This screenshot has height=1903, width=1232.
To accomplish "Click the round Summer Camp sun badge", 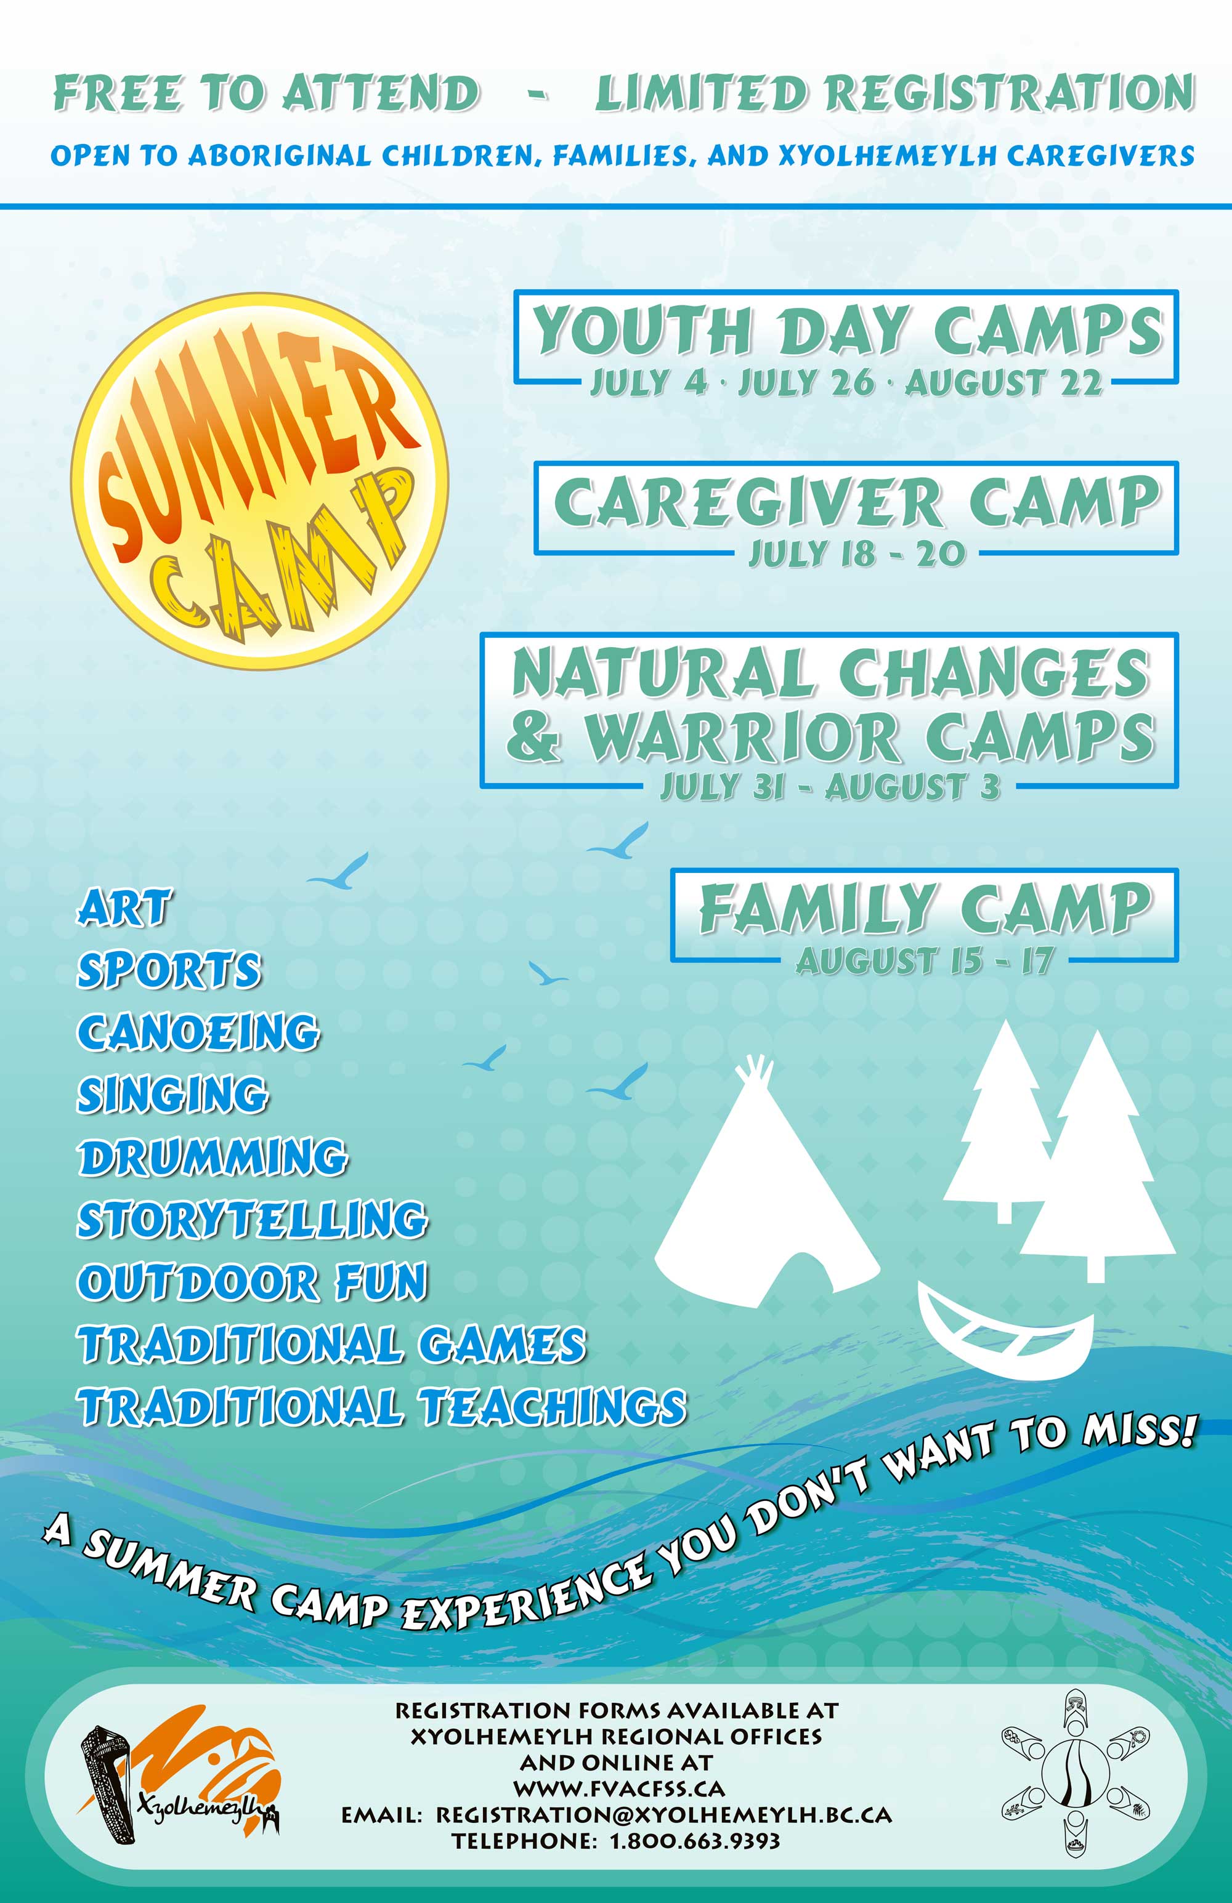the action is pyautogui.click(x=259, y=481).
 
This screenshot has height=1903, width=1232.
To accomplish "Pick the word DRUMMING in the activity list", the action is pyautogui.click(x=212, y=1157).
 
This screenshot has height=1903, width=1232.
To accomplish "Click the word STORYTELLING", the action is pyautogui.click(x=252, y=1220).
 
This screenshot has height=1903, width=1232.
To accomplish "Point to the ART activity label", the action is pyautogui.click(x=123, y=907).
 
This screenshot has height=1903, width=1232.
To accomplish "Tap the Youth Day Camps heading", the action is pyautogui.click(x=848, y=329).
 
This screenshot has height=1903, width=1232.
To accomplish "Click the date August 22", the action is pyautogui.click(x=1003, y=383).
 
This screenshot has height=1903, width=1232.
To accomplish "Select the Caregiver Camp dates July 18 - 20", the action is pyautogui.click(x=857, y=553).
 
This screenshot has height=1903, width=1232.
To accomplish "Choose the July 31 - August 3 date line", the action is pyautogui.click(x=830, y=787).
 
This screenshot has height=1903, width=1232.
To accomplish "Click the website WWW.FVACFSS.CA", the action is pyautogui.click(x=618, y=1788).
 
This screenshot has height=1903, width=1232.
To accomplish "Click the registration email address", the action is pyautogui.click(x=663, y=1814).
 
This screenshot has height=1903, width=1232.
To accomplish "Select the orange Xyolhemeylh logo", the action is pyautogui.click(x=180, y=1780).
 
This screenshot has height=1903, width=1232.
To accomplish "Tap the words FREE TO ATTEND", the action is pyautogui.click(x=266, y=93).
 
